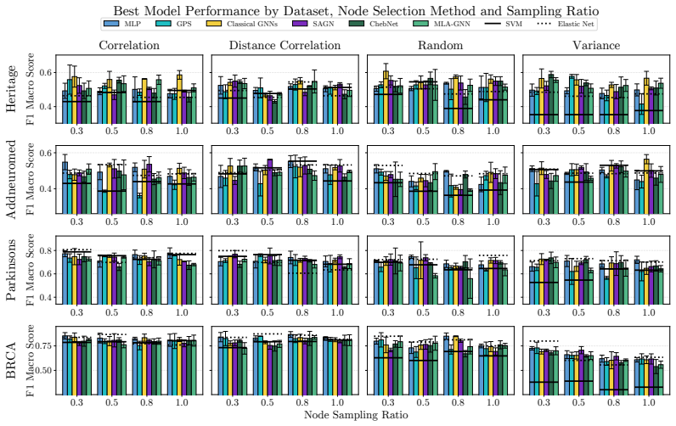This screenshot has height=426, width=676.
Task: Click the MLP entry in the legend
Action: coord(122,24)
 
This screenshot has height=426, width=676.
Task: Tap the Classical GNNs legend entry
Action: coord(242,24)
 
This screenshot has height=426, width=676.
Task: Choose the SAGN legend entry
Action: coord(313,24)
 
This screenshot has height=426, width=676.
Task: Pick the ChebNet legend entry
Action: coord(374,24)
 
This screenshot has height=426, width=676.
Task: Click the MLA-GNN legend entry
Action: coord(442,24)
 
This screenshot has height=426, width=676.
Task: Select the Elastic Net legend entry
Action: coord(566,24)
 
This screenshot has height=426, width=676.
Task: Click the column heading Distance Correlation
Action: coord(284,46)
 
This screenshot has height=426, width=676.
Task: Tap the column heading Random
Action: coord(440,46)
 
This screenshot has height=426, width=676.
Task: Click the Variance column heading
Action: coord(596,46)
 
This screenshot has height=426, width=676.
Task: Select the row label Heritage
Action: coord(11,89)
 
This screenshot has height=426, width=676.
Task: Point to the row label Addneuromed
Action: coord(11,179)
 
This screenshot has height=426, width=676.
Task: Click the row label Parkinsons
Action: coord(11,270)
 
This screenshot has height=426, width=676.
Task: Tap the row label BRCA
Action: coord(11,361)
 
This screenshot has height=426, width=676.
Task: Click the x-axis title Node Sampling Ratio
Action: coord(356,415)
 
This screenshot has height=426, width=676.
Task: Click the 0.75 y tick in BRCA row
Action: coord(45,346)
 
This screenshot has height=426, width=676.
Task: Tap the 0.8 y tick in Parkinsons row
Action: coord(47,250)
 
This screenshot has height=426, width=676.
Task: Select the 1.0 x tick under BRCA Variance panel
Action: coord(649,403)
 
